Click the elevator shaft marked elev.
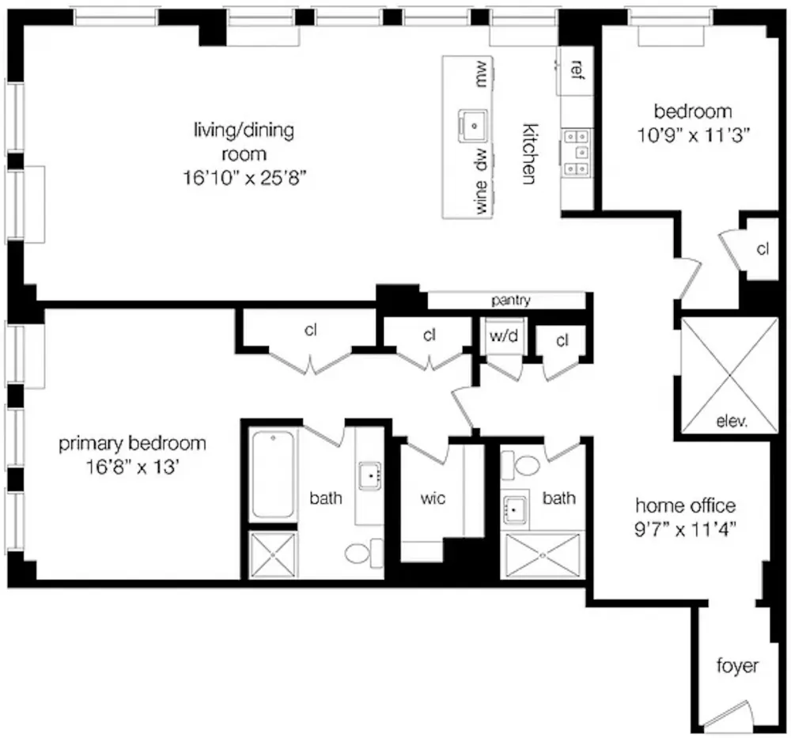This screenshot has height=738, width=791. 729,375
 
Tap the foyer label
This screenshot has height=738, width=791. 737,666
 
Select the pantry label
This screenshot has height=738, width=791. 510,301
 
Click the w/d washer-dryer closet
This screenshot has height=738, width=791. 503,336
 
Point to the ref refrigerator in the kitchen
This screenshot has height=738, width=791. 576,70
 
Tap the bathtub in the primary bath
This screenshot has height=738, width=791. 272,474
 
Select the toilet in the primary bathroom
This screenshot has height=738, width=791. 365,553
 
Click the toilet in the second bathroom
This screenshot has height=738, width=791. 520,465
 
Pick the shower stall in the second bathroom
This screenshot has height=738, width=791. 543,555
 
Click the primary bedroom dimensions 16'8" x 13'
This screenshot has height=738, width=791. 132,467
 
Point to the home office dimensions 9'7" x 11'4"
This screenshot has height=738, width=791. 685,530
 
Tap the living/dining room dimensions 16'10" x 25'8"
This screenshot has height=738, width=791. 244,177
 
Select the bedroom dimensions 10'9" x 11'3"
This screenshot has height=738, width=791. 693,135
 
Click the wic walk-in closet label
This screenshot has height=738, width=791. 433,498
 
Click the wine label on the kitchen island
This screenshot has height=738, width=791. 481,197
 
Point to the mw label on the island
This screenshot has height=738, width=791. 481,74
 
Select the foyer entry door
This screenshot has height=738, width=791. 728,717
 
